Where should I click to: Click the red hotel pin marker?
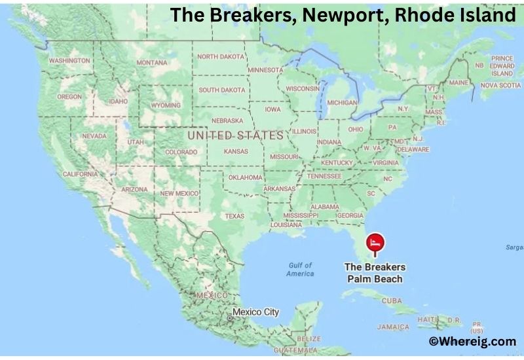pyautogui.click(x=375, y=243)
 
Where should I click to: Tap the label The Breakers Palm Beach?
pyautogui.click(x=375, y=273)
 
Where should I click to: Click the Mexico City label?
pyautogui.click(x=255, y=312)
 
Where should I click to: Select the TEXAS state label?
pyautogui.click(x=234, y=216)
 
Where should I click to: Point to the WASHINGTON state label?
pyautogui.click(x=69, y=61)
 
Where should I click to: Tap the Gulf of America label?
pyautogui.click(x=300, y=269)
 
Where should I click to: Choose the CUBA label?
pyautogui.click(x=391, y=300)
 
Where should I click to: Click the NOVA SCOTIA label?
pyautogui.click(x=500, y=85)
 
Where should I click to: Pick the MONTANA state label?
pyautogui.click(x=151, y=63)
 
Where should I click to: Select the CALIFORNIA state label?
pyautogui.click(x=80, y=174)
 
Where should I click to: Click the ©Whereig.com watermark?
pyautogui.click(x=472, y=341)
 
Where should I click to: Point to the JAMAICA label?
pyautogui.click(x=393, y=327)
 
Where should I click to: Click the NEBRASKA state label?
pyautogui.click(x=227, y=120)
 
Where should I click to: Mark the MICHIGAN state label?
pyautogui.click(x=342, y=103)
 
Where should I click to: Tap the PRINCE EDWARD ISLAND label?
pyautogui.click(x=502, y=66)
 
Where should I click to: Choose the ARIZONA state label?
pyautogui.click(x=134, y=189)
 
